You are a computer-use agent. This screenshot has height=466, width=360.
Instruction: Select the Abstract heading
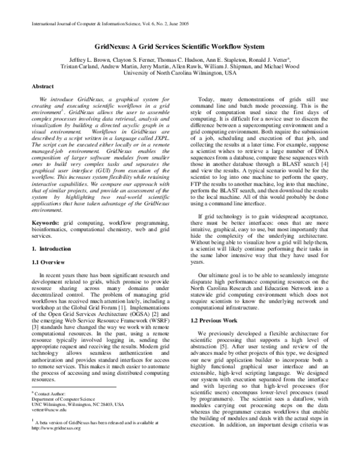coord(44,86)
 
